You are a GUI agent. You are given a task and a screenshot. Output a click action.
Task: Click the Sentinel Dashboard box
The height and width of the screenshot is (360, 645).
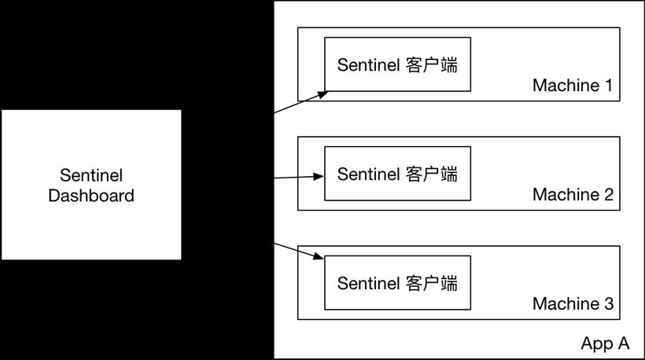click(x=91, y=185)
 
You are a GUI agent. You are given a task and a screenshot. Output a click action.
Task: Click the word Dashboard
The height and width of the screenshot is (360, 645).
click(x=91, y=196)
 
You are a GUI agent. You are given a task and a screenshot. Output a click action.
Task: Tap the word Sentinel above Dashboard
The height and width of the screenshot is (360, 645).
click(x=91, y=175)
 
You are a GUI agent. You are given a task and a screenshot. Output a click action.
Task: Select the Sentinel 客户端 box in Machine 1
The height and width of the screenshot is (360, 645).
click(x=397, y=64)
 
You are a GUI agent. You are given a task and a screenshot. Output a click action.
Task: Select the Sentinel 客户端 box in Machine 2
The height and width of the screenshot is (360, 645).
click(x=397, y=174)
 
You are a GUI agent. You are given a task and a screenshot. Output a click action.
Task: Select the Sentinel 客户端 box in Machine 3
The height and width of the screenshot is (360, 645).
click(x=397, y=283)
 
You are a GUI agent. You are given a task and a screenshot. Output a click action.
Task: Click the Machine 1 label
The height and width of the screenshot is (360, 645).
click(x=573, y=86)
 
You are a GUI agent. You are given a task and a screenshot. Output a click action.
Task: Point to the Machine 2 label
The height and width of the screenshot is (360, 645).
click(x=573, y=194)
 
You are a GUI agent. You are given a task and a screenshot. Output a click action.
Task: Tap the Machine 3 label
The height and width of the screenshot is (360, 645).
click(x=573, y=303)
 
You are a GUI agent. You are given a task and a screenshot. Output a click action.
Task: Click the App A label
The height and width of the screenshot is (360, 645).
click(x=605, y=343)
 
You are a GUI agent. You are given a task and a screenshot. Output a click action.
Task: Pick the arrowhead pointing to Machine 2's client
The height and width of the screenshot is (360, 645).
click(x=319, y=177)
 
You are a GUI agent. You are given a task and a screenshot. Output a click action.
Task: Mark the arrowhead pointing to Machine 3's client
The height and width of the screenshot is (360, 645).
click(x=319, y=256)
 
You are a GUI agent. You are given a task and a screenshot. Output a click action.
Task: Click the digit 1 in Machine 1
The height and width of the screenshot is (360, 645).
click(x=608, y=86)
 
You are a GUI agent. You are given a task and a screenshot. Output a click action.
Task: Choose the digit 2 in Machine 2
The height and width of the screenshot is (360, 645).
click(x=609, y=194)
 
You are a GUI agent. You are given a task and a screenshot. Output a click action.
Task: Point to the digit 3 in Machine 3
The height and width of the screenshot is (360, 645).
click(x=609, y=303)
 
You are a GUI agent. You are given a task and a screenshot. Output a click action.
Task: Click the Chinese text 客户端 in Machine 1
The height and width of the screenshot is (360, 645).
click(x=432, y=65)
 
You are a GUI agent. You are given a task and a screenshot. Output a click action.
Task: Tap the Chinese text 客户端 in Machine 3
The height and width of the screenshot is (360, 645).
click(x=432, y=283)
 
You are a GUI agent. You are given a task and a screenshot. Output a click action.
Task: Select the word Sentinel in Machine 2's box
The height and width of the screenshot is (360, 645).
click(x=369, y=174)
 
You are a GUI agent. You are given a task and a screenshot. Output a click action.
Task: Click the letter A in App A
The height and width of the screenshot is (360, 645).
click(x=623, y=343)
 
